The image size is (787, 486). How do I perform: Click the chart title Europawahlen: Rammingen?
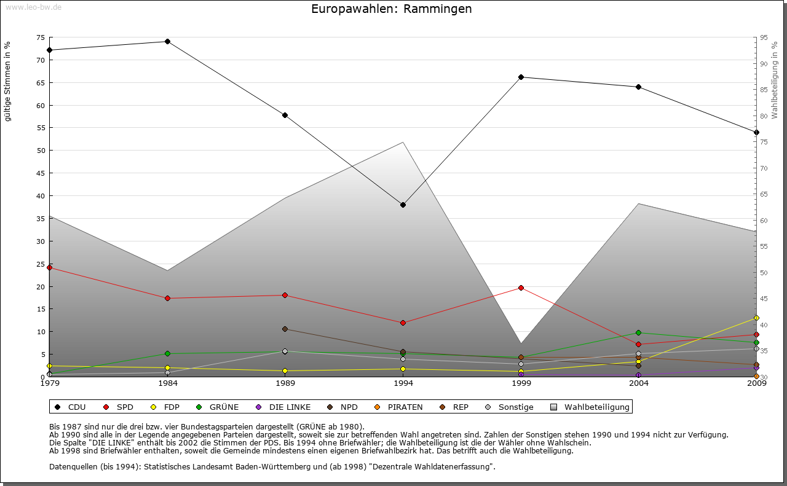point(392,9)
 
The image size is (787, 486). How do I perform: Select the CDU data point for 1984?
point(167,42)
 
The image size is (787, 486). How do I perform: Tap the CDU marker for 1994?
point(403,205)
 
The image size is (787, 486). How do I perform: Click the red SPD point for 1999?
point(521,288)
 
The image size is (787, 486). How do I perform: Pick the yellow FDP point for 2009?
point(756,318)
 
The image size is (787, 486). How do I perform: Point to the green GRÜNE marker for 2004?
point(639,332)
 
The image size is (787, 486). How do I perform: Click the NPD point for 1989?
point(285,329)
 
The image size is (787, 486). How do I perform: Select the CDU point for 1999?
point(521,77)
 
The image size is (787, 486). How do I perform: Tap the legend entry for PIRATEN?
point(399,407)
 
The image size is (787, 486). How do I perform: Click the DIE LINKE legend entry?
point(283,407)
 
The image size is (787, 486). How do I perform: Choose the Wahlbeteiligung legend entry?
point(590,407)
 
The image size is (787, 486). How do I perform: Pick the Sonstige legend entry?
point(510,407)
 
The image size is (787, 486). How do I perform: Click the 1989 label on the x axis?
point(285,384)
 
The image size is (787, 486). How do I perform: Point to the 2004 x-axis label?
point(639,384)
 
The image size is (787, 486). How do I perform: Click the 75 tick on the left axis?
point(41,37)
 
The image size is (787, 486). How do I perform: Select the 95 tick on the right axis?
point(764,37)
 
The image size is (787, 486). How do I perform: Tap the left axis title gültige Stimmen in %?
point(7,81)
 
